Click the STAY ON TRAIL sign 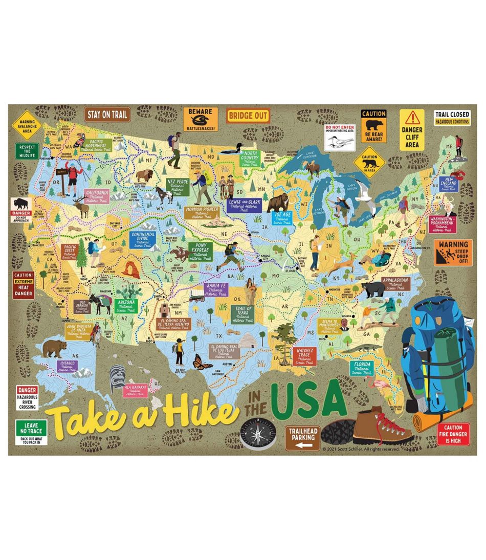click(x=107, y=115)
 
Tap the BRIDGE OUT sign click(x=248, y=116)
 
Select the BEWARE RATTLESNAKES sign click(x=200, y=119)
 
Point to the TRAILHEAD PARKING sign click(x=303, y=439)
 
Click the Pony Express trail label click(x=201, y=251)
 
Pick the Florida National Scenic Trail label click(x=362, y=367)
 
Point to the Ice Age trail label click(x=282, y=218)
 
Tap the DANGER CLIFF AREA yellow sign click(x=412, y=129)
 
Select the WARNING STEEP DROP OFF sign click(x=453, y=252)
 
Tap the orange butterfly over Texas click(x=202, y=362)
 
